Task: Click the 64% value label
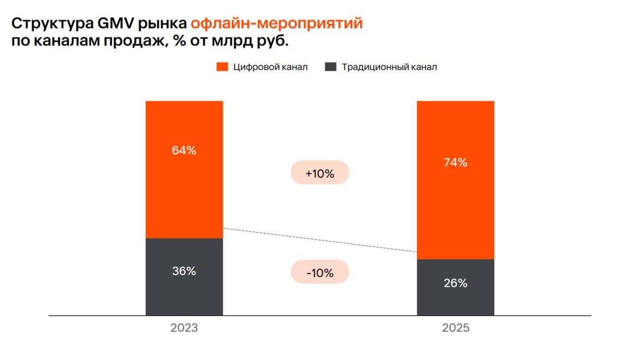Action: (184, 151)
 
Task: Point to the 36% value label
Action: (184, 271)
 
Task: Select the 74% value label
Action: (455, 162)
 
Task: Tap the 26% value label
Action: (455, 283)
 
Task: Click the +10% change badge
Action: (319, 173)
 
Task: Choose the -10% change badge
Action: (319, 272)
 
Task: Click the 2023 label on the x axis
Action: (184, 328)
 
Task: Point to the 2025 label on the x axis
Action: (455, 328)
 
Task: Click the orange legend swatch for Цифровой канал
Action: (222, 67)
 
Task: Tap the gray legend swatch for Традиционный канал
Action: (330, 67)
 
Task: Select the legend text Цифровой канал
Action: (270, 67)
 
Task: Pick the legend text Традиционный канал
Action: (389, 67)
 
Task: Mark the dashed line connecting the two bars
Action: (320, 240)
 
